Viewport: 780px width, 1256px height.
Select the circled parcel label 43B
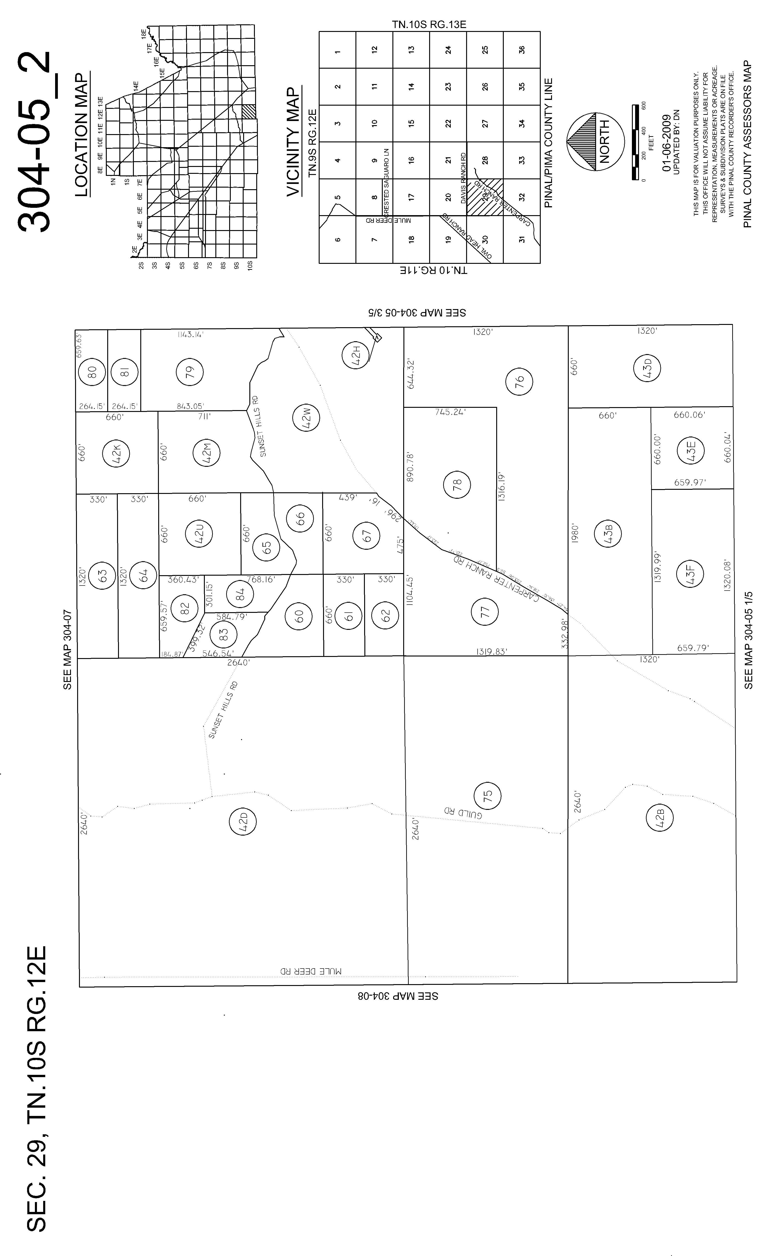point(607,534)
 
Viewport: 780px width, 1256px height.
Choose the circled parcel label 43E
point(691,450)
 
